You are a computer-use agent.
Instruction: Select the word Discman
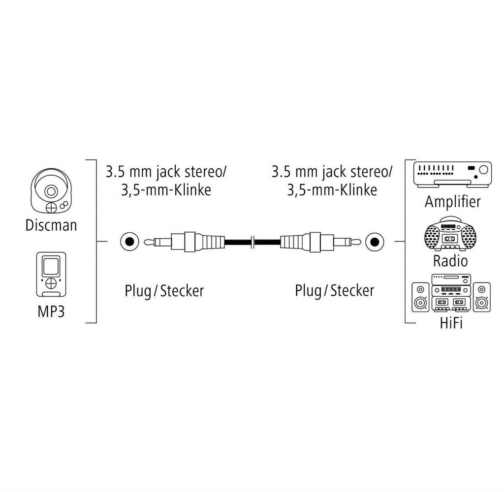51,225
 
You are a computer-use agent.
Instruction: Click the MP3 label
51,312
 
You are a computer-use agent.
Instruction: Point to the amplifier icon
452,174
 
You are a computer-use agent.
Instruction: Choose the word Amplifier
452,201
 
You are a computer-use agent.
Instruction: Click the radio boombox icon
450,234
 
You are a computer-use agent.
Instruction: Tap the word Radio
450,260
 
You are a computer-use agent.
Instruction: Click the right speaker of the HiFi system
481,297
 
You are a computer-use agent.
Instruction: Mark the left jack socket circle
128,242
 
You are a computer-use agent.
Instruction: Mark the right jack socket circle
374,242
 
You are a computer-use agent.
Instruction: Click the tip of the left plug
146,242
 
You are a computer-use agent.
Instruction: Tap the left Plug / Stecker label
164,290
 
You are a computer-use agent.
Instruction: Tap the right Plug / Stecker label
334,290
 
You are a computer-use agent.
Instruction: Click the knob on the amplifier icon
483,170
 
